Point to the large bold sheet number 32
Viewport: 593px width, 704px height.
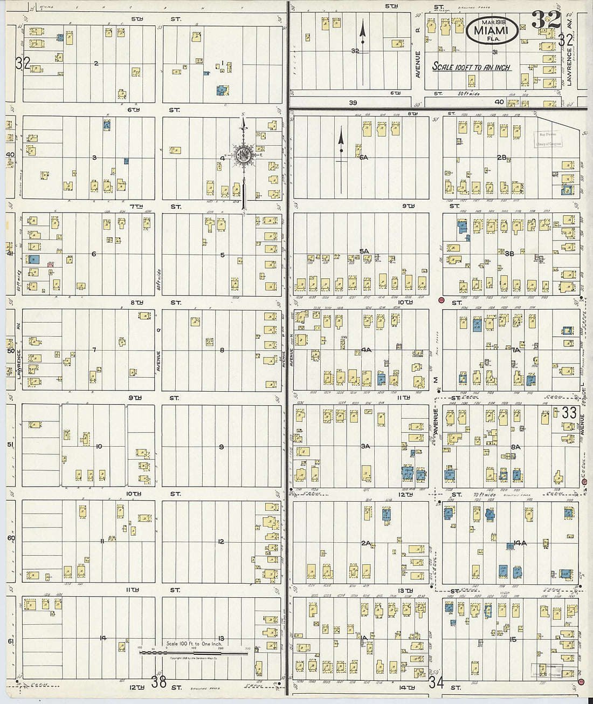click(x=546, y=20)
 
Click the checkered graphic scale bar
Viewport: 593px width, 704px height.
click(x=194, y=652)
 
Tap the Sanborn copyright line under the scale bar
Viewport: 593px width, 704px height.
click(x=194, y=659)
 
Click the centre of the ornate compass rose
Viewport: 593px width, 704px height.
click(x=243, y=156)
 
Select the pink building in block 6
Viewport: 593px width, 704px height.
click(x=51, y=264)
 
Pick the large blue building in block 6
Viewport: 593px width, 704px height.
click(x=34, y=259)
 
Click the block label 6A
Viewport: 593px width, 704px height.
click(x=363, y=158)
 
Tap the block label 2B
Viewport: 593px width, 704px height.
click(x=502, y=158)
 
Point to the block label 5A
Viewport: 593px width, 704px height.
click(x=364, y=251)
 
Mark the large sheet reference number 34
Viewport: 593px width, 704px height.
click(x=437, y=684)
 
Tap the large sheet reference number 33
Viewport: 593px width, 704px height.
click(x=569, y=413)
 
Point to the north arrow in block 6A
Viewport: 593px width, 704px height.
click(x=341, y=146)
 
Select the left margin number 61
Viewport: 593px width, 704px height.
click(x=10, y=641)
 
